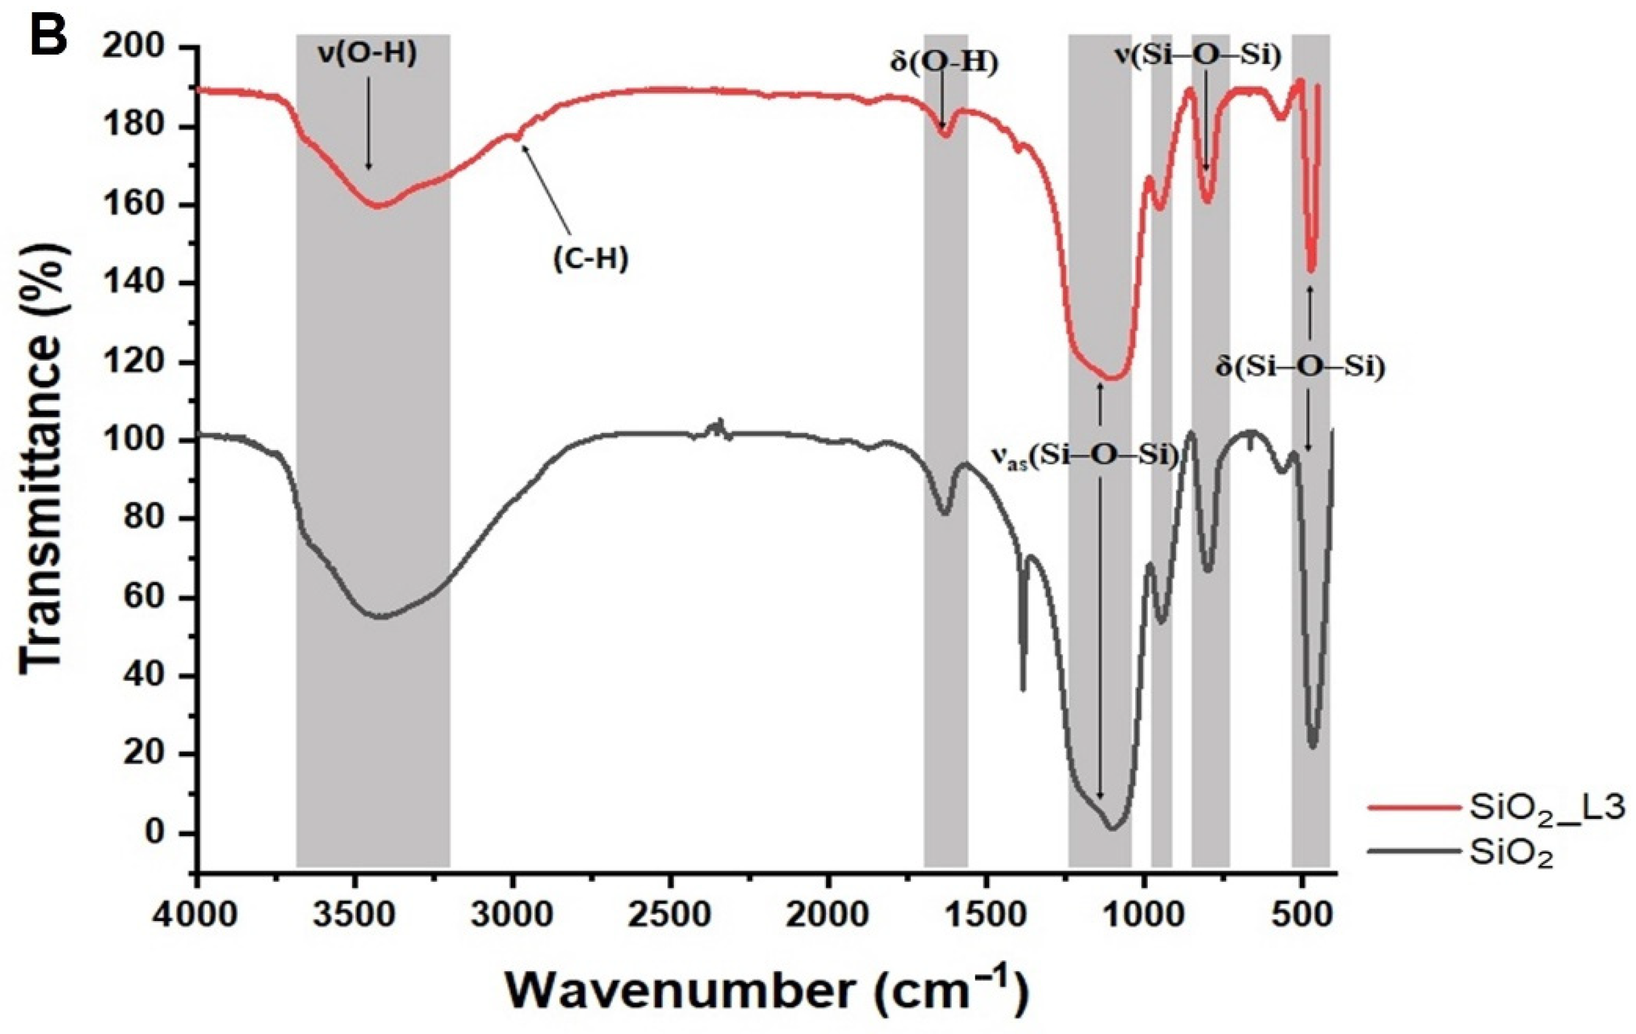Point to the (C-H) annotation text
[x=590, y=259]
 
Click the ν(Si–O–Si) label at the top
[x=1198, y=56]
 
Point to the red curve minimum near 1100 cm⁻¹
[x=1111, y=379]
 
